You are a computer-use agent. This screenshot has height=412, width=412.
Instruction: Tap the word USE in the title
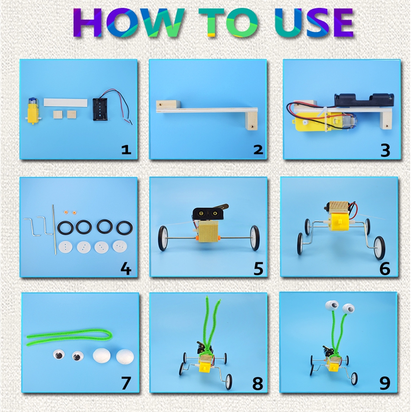[314, 23]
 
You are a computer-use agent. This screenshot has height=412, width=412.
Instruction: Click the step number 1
[126, 150]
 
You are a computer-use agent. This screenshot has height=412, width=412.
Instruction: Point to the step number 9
[385, 384]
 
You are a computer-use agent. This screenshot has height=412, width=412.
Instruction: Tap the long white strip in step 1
[65, 102]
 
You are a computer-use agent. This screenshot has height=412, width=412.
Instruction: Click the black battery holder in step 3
[364, 100]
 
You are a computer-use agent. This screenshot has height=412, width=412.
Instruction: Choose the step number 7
[126, 384]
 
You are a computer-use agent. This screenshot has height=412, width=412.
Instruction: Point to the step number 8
[257, 384]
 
